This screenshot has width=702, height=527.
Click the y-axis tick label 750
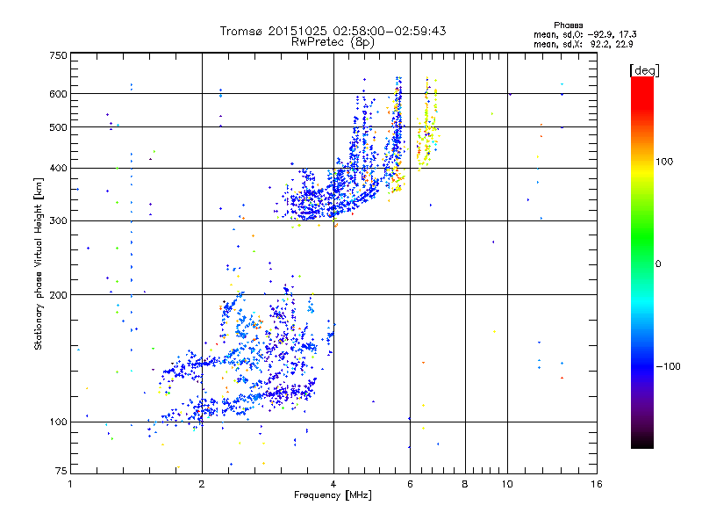pos(57,55)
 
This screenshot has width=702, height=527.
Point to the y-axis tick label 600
pos(57,94)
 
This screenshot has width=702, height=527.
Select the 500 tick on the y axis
pos(57,127)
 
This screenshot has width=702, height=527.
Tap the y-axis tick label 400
pos(57,168)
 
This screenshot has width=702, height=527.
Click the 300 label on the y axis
pos(57,220)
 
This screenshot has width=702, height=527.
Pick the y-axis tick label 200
pos(57,295)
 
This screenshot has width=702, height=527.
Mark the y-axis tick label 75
pos(60,474)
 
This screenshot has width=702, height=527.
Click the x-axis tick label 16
pos(596,484)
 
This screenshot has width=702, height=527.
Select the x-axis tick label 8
pos(465,484)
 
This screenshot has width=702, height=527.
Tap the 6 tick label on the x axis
pos(410,484)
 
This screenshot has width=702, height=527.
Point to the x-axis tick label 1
pos(70,484)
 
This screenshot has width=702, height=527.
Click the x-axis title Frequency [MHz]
pos(333,495)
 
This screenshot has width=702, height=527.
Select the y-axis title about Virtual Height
pos(39,264)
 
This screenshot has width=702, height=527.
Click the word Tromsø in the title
pos(242,31)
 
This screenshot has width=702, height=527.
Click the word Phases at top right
pos(569,25)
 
